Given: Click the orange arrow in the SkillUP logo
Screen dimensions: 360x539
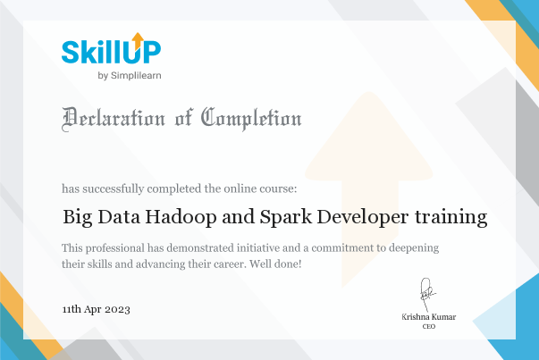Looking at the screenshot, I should click(137, 39).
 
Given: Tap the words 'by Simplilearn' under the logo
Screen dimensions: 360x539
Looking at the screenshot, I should click(129, 75).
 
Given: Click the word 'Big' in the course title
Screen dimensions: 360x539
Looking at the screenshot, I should click(77, 216).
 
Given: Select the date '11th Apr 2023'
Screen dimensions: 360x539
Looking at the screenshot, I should click(97, 309).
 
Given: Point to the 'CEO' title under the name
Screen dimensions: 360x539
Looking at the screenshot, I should click(427, 328).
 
